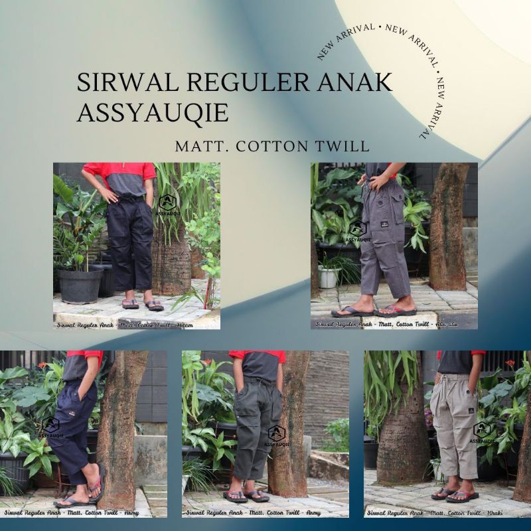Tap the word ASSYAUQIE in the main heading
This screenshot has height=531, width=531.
click(153, 112)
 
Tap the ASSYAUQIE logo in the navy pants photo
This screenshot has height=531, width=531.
click(50, 428)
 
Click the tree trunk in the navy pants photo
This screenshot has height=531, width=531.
click(120, 425)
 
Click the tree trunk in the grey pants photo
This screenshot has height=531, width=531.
click(447, 226)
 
